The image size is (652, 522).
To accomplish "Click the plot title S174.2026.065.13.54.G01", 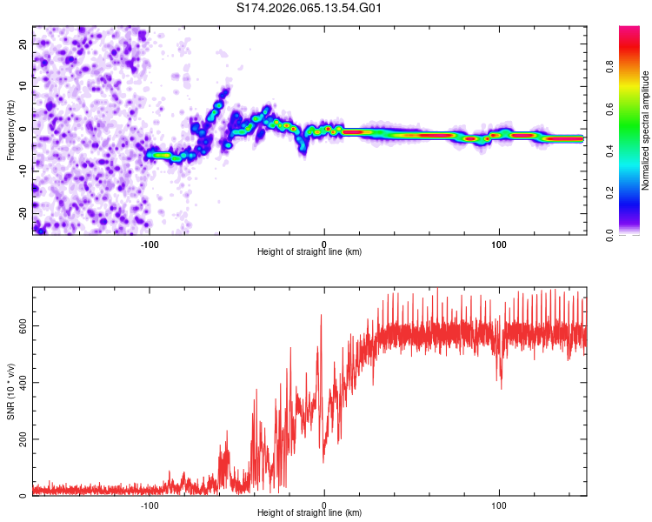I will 310,9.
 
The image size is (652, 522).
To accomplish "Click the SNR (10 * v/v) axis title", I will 10,393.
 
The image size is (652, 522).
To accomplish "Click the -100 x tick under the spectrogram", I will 150,244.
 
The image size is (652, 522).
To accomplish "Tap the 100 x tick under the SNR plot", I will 499,505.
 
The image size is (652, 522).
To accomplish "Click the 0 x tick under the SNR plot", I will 324,505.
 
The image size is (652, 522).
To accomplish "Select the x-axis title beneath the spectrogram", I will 309,252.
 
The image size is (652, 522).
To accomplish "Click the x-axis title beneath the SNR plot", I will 309,513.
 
